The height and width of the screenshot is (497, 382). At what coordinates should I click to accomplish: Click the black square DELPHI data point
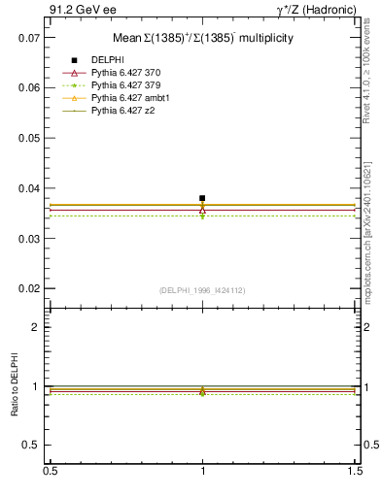click(x=202, y=198)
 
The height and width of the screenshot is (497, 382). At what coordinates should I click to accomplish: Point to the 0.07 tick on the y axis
click(x=29, y=37)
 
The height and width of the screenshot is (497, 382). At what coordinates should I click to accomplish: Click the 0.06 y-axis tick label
click(x=29, y=87)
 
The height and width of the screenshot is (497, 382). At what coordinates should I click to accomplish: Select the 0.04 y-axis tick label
click(x=29, y=188)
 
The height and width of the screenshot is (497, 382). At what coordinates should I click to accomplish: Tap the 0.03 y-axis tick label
click(x=29, y=239)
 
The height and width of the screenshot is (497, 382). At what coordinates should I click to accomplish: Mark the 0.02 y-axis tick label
click(x=29, y=289)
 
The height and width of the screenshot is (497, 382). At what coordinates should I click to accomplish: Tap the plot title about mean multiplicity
click(x=203, y=38)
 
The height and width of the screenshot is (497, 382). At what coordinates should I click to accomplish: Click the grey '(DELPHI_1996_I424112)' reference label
click(x=202, y=290)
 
